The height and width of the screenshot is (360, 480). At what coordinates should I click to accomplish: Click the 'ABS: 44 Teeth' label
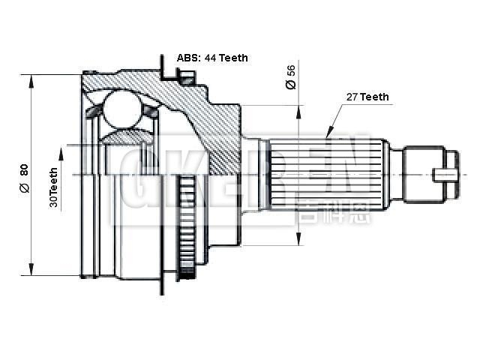(212, 58)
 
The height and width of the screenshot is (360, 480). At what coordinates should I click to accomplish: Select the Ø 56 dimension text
(291, 77)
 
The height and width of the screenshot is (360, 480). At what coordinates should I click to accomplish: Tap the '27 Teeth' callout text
(367, 97)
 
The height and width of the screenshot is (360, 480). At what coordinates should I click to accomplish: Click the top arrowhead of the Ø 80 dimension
(31, 79)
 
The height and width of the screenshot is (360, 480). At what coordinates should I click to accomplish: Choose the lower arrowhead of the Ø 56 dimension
(298, 239)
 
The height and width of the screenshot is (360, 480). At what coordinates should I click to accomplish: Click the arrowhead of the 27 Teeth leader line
(327, 134)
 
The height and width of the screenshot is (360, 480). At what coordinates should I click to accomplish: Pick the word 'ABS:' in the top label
(187, 58)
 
